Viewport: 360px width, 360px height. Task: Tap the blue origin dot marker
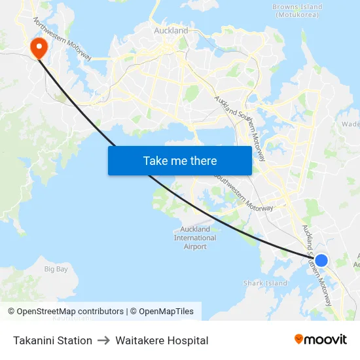[321, 261]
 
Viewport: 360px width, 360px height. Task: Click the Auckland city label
[171, 31]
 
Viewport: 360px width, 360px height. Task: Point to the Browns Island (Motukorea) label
[297, 11]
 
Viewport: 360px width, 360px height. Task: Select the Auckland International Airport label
[195, 238]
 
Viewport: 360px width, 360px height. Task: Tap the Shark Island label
[265, 283]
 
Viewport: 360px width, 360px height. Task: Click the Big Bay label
[56, 269]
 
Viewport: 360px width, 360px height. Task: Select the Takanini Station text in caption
[52, 340]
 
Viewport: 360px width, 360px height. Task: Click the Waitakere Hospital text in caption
[162, 340]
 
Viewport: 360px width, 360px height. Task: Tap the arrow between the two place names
[103, 340]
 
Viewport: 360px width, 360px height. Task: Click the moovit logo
[320, 340]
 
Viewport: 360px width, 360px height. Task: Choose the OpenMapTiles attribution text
[162, 312]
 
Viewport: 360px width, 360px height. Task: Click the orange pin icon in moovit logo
[299, 340]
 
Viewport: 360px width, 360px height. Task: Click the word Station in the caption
[73, 340]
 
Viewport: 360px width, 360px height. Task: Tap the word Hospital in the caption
[187, 340]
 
